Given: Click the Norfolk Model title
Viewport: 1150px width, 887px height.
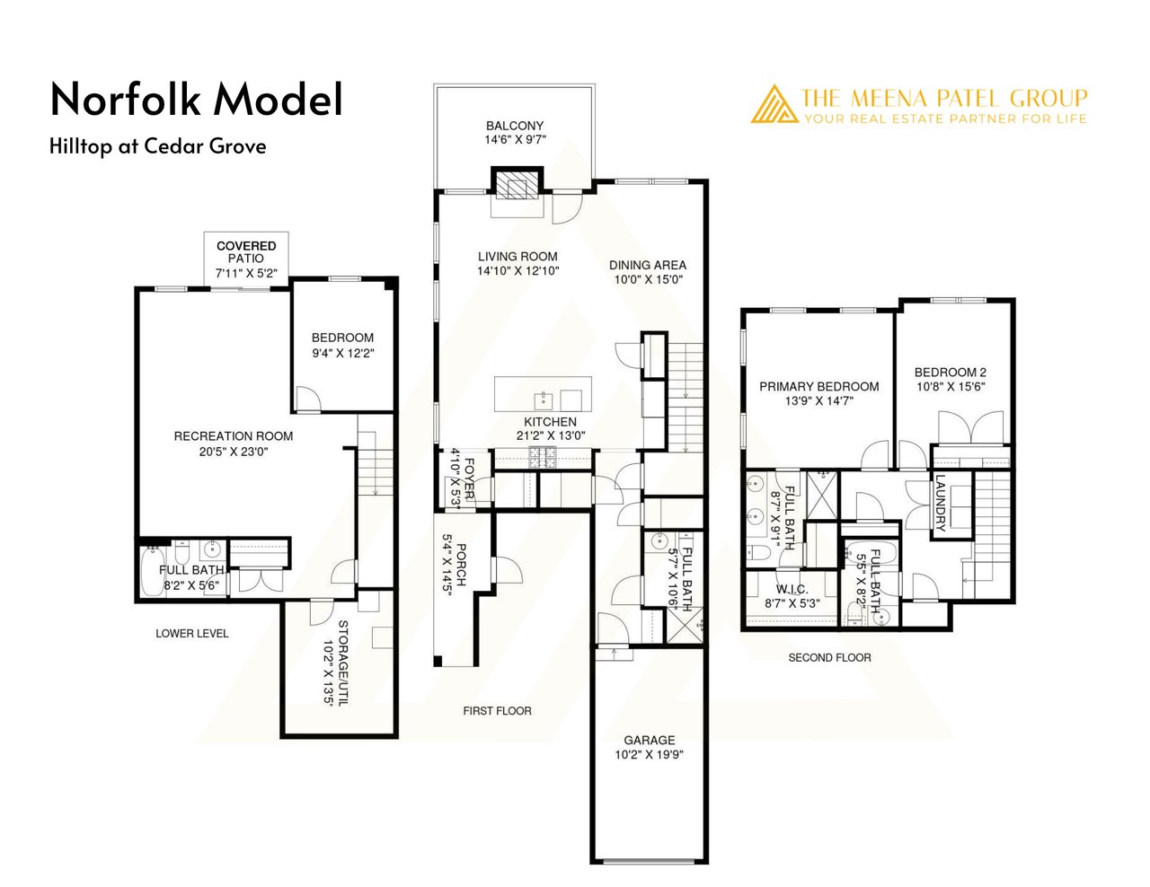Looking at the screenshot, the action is click(x=197, y=99).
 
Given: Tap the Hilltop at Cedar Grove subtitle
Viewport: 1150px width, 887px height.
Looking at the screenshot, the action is click(x=158, y=146).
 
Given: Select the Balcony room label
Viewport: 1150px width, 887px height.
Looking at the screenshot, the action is click(x=515, y=126).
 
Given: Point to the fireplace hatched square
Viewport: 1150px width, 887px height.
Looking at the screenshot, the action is click(x=517, y=189).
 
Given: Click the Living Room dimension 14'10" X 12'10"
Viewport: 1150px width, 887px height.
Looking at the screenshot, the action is click(x=517, y=270).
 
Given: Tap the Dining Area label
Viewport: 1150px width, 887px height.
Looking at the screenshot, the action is click(x=648, y=265).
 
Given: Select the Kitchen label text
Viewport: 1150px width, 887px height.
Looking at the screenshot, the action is click(x=551, y=422).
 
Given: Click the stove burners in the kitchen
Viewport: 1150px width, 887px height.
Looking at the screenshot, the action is click(x=543, y=457).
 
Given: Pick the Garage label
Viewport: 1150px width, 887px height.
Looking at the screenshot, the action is click(x=650, y=740).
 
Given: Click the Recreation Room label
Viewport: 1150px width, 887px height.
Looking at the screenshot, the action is click(x=234, y=436).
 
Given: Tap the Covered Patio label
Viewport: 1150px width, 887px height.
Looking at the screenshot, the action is click(x=246, y=252).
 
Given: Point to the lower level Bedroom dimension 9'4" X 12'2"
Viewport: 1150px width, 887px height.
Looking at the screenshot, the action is click(x=343, y=353).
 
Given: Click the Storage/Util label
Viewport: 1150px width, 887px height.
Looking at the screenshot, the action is click(x=343, y=663).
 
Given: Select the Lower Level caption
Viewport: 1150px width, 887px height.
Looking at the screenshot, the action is click(x=192, y=633).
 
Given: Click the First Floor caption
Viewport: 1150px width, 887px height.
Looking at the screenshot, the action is click(x=498, y=711).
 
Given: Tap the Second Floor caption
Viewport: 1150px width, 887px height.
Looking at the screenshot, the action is click(x=830, y=657).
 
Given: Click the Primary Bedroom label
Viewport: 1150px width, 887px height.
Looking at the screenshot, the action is click(x=819, y=386).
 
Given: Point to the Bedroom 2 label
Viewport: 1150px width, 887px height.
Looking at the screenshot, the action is click(x=951, y=373).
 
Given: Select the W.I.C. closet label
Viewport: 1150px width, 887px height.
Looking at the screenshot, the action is click(x=792, y=590).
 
